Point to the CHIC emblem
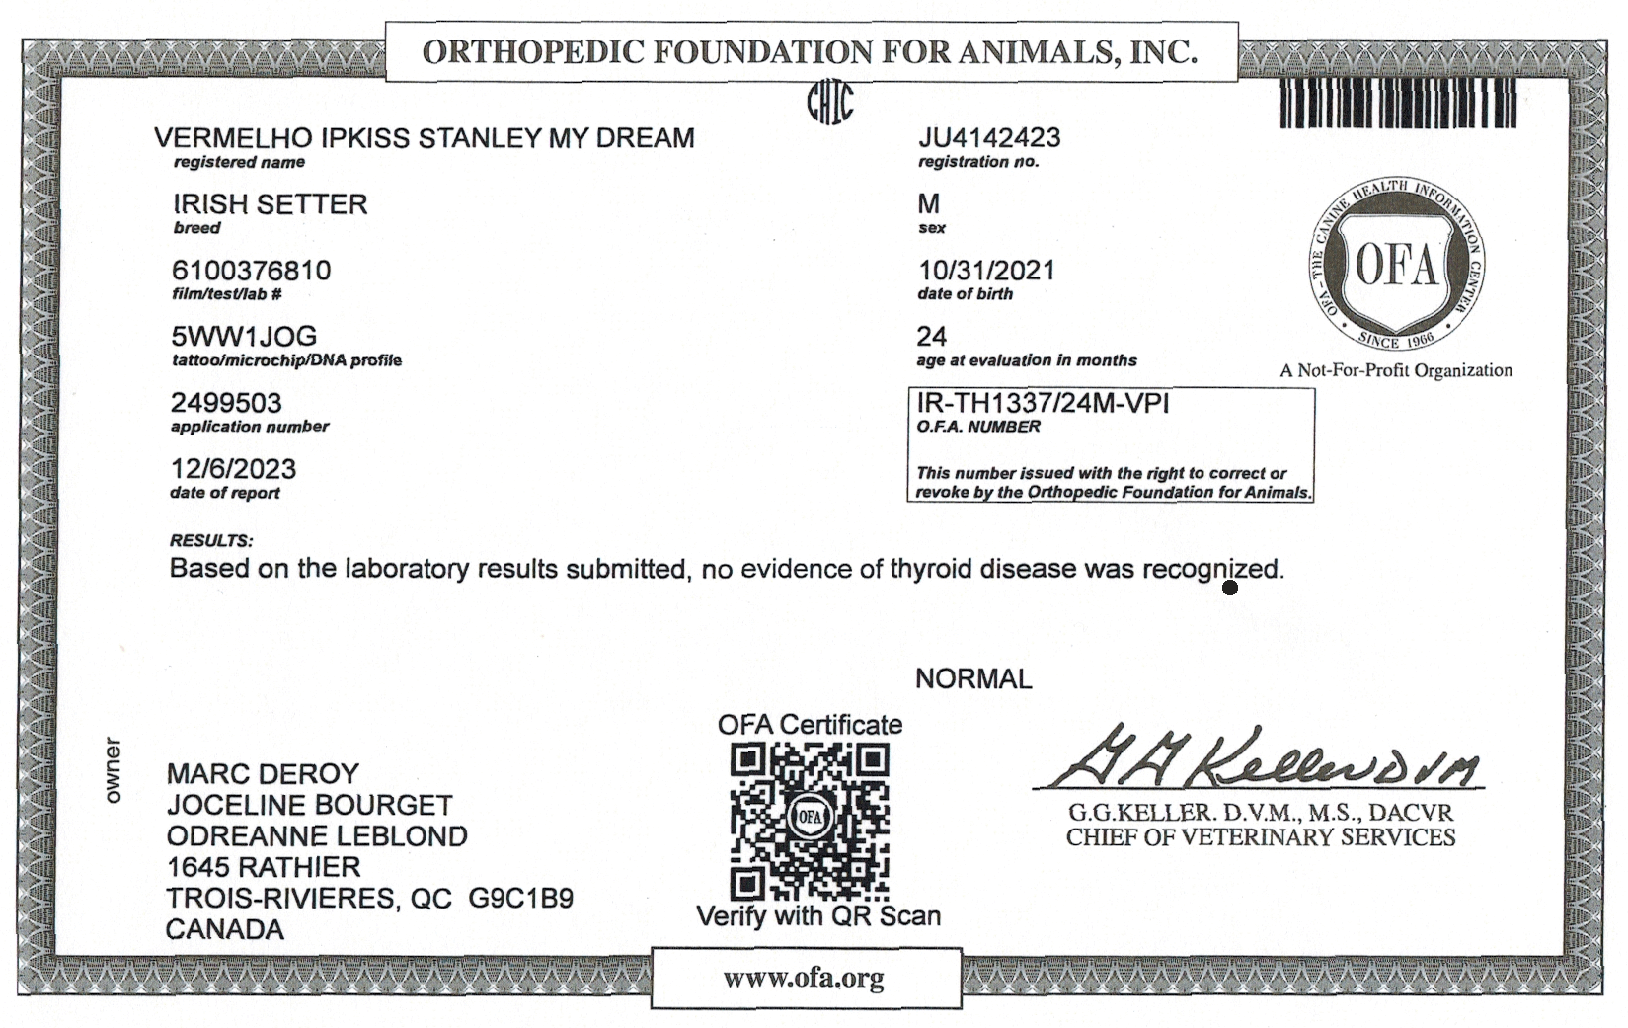(829, 101)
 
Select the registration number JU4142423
(989, 138)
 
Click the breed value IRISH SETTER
(270, 204)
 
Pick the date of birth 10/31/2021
(986, 271)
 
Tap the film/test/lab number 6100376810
(251, 271)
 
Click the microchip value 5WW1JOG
(244, 337)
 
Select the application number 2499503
(226, 403)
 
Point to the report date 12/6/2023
(233, 469)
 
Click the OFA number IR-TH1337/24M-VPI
(1043, 403)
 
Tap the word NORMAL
(973, 679)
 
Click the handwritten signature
(1260, 760)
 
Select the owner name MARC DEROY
(263, 774)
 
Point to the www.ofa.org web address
(804, 979)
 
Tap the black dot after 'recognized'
(1230, 589)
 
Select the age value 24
(932, 337)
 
